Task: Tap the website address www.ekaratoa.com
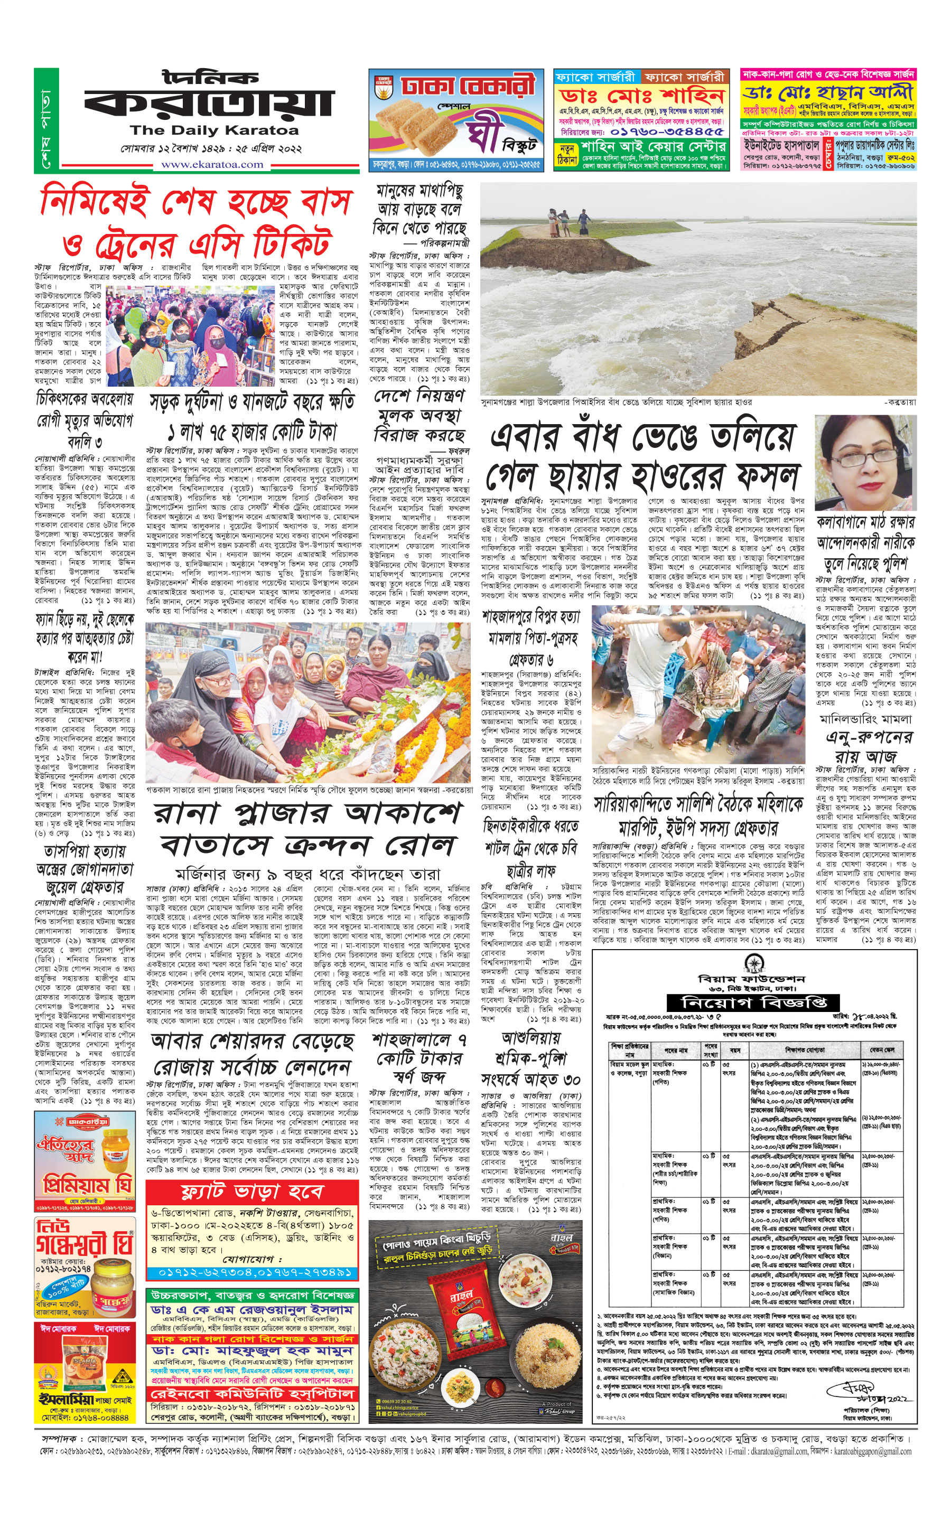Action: (x=212, y=165)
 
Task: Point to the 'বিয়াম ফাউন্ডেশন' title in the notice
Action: (x=752, y=979)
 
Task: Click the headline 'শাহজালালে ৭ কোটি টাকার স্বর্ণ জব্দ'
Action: (x=418, y=1058)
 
